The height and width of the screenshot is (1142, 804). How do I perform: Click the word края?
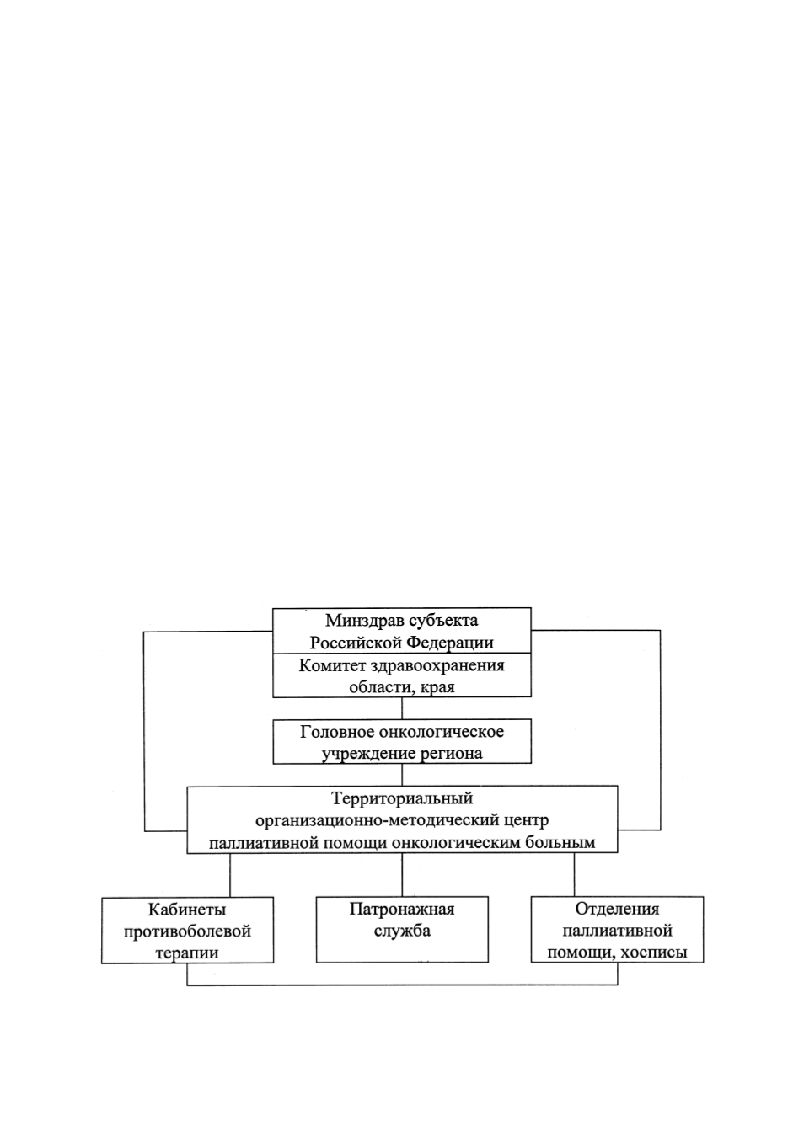(439, 688)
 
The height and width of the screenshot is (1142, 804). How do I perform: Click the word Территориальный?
(402, 798)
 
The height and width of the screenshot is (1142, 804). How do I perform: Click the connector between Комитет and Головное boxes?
(402, 708)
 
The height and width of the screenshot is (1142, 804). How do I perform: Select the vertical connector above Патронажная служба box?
(402, 875)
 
